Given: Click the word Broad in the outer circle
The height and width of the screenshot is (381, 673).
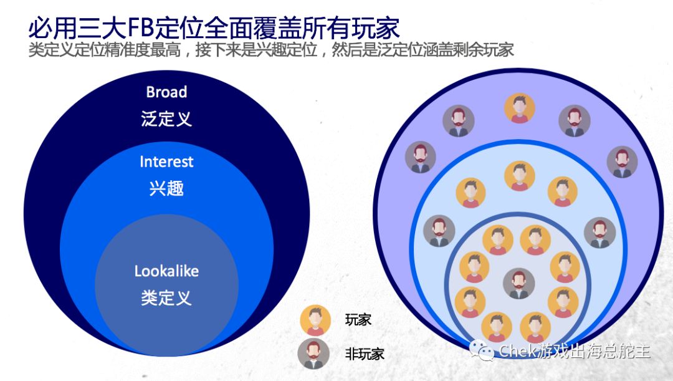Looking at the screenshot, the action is [x=166, y=92].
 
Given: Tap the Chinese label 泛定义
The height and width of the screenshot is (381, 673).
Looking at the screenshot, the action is [x=166, y=118].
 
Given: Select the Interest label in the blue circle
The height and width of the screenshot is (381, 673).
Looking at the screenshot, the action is [x=166, y=162].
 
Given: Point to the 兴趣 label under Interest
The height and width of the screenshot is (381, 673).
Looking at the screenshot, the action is [x=166, y=188].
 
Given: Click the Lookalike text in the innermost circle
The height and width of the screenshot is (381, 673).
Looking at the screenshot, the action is [x=166, y=271].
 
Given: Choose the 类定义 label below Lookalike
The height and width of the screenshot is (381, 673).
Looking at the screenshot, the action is [x=166, y=297].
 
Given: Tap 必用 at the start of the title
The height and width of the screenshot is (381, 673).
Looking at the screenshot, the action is [x=53, y=28].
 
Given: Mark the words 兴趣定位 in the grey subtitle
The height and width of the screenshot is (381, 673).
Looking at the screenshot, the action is [x=286, y=51].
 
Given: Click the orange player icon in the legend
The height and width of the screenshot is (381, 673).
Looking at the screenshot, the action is [x=315, y=320].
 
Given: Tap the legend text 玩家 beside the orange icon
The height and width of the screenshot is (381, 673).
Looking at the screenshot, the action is [x=358, y=319].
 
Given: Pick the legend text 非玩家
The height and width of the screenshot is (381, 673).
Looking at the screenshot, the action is [x=365, y=354].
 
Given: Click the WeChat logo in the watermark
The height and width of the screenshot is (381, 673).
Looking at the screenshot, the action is [x=482, y=350].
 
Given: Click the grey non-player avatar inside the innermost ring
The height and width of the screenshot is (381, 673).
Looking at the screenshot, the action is [x=519, y=284].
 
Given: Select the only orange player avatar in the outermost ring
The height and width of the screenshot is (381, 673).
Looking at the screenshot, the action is [x=519, y=109].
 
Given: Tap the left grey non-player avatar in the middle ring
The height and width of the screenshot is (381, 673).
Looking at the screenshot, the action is [x=439, y=231].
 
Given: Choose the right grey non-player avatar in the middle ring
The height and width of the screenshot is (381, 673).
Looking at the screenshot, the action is [x=600, y=233].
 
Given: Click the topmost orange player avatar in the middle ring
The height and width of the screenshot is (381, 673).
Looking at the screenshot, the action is [x=519, y=176].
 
